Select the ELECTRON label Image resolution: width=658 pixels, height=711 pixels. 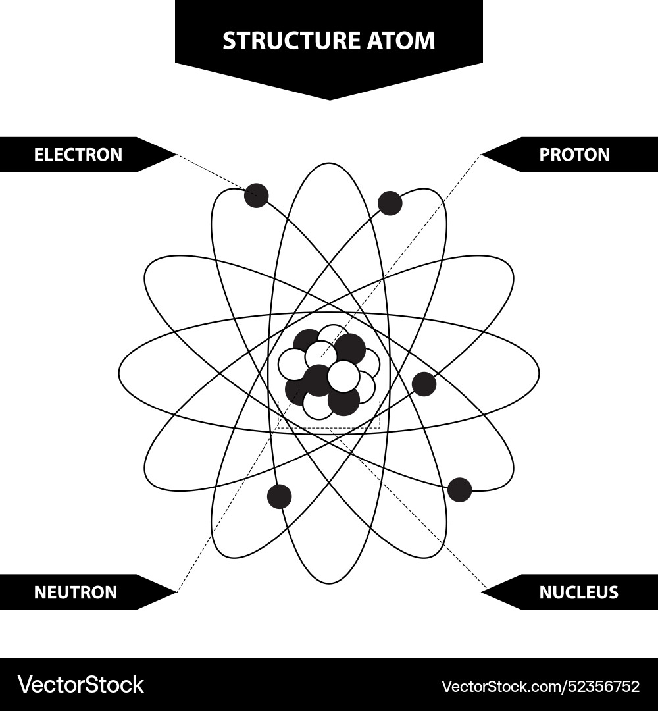[x=78, y=155]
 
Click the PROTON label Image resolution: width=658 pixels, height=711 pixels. [x=574, y=155]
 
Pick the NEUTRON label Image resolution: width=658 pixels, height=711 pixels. [x=75, y=592]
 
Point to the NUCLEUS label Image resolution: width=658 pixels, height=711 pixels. [x=578, y=592]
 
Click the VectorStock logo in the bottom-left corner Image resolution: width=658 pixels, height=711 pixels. [x=81, y=685]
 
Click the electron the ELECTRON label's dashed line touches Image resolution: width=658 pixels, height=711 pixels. [x=256, y=196]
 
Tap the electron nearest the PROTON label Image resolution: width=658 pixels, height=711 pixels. [x=390, y=203]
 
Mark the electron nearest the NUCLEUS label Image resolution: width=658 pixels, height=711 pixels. [x=459, y=490]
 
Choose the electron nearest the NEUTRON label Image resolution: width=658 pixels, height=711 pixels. [x=280, y=496]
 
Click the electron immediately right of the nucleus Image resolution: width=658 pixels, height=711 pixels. [x=424, y=384]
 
